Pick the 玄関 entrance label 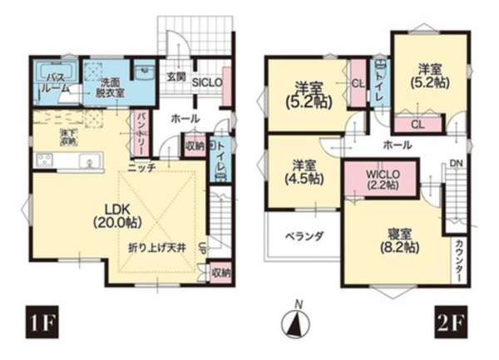pyautogui.click(x=175, y=76)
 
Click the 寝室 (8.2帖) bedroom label pyautogui.click(x=401, y=239)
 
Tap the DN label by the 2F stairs pyautogui.click(x=457, y=163)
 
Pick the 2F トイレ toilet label pyautogui.click(x=380, y=85)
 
